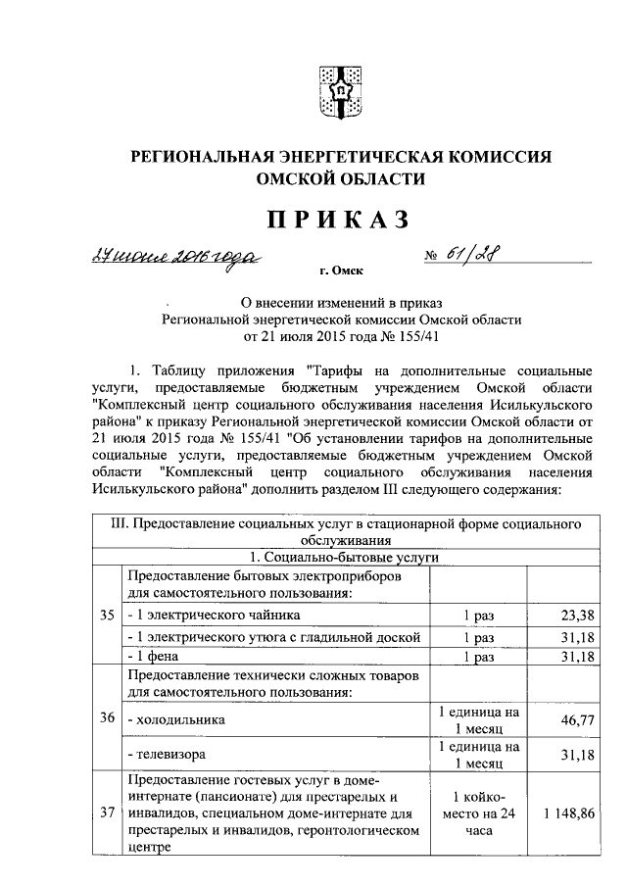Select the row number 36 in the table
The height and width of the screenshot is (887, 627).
tap(106, 718)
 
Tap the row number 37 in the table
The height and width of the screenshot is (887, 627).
tap(106, 813)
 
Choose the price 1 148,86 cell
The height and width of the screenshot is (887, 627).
tap(563, 813)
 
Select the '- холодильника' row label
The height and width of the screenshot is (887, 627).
tap(176, 719)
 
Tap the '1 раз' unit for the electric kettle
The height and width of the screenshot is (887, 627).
tap(478, 615)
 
